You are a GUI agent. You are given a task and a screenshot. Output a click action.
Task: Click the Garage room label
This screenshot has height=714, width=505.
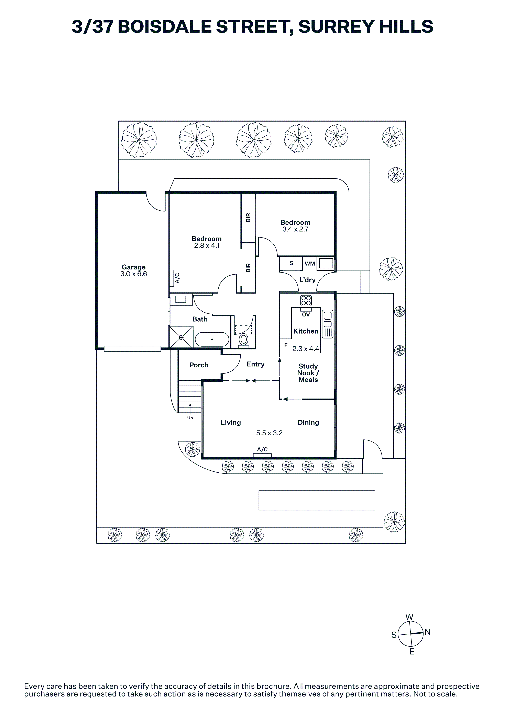133,267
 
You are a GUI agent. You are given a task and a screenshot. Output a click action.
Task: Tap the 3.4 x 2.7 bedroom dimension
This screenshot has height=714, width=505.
295,229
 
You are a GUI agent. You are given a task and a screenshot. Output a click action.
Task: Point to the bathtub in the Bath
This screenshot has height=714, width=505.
212,339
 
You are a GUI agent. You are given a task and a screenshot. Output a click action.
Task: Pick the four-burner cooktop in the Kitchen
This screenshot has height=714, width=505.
306,300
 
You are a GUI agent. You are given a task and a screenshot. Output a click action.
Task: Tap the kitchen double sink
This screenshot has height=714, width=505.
327,324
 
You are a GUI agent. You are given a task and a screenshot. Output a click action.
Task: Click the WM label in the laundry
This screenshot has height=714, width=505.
310,264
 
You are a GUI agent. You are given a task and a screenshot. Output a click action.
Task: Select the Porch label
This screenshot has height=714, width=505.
199,365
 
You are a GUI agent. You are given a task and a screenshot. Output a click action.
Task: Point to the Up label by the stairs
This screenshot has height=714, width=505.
190,418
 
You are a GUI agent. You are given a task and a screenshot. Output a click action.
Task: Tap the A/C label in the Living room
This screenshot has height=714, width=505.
262,449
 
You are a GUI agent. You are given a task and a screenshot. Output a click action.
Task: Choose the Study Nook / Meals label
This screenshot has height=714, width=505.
308,373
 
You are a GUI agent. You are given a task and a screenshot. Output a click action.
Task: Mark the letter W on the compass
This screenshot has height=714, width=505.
409,617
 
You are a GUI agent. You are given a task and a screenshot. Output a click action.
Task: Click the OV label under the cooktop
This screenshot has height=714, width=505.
306,314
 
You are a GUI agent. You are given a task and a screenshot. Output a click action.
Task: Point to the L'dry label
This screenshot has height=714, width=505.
307,280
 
